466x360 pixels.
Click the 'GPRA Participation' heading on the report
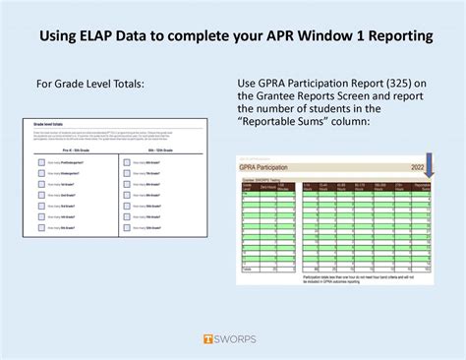pos(273,168)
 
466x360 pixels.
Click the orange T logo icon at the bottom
pos(207,339)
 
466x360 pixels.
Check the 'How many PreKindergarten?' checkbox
pos(41,163)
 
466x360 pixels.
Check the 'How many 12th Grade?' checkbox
pos(128,227)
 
